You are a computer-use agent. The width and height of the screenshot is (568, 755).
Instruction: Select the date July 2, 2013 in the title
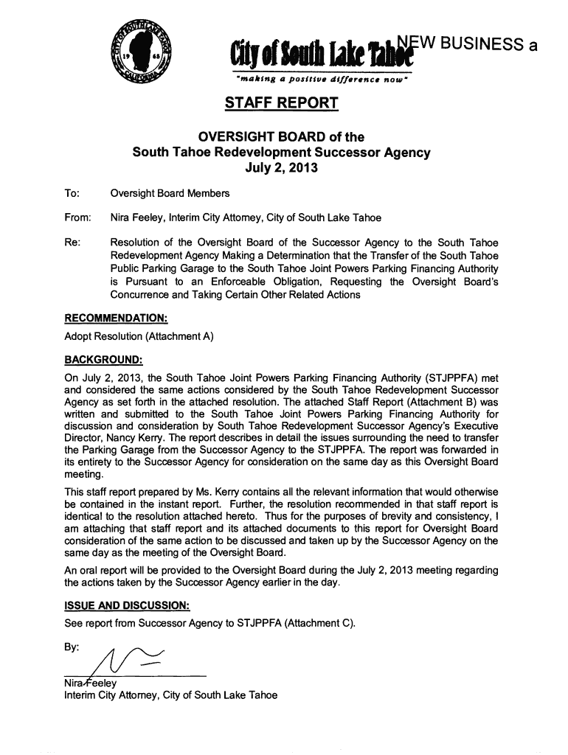coord(280,168)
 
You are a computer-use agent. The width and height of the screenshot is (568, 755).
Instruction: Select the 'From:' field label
coord(78,218)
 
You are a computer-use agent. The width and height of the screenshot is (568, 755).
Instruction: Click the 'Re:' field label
coord(74,243)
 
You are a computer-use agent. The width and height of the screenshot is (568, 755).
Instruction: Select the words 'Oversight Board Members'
coord(170,194)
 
